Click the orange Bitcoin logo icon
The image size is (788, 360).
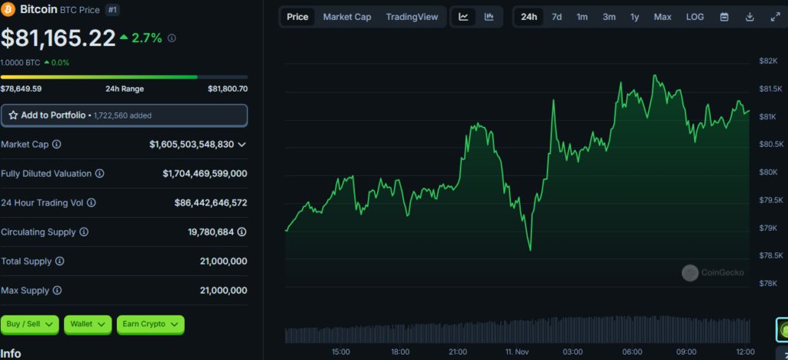pos(9,9)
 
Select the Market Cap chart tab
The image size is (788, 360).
pos(347,17)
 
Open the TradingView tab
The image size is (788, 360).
pos(412,17)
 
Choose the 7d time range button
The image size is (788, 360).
pos(557,17)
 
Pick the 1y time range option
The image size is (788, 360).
pos(635,17)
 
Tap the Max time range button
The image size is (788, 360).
pos(663,17)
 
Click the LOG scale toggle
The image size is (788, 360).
pos(695,17)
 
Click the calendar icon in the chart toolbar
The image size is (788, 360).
pos(724,17)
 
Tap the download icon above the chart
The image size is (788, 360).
pos(750,17)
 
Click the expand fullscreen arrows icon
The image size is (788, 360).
pos(775,17)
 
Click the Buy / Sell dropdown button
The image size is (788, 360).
pos(30,325)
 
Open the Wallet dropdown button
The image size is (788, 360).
pos(88,325)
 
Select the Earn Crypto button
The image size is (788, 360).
pos(150,325)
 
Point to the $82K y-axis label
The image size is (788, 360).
pos(768,62)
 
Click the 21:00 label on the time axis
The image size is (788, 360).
pos(458,352)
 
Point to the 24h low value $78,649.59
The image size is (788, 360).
pos(21,89)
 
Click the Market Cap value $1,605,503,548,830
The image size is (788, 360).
pos(192,145)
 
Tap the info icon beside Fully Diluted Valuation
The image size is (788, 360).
pos(100,174)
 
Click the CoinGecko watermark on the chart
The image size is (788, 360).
pos(713,272)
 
